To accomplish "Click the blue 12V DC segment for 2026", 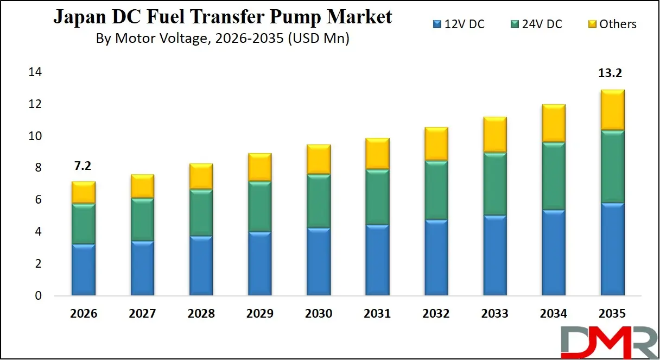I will (84, 269).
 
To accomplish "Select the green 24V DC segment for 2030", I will (319, 200).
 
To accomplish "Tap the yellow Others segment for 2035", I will (612, 110).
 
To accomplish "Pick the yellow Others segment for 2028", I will (201, 176).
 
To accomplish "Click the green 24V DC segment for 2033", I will (494, 184).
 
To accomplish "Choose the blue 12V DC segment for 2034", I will (554, 252).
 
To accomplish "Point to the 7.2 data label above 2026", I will (84, 166).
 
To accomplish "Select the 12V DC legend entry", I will (459, 24).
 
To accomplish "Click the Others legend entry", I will (612, 24).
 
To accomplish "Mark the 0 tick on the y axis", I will (38, 296).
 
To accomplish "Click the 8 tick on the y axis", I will (38, 168).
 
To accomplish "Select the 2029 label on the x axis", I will (259, 313).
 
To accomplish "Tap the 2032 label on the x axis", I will (436, 313).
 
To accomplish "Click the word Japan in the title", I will (79, 17).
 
